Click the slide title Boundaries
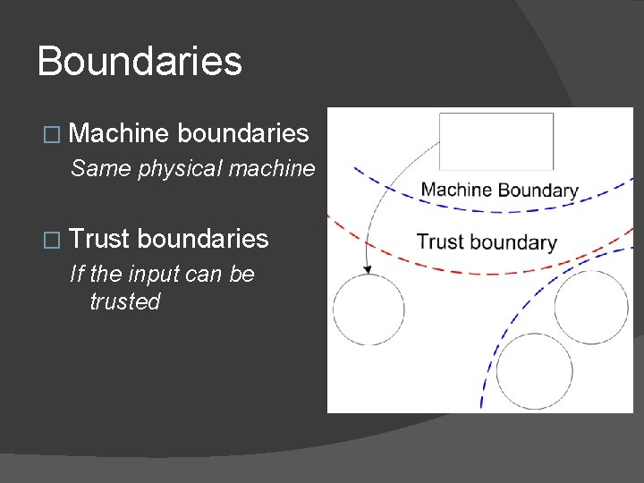tap(140, 62)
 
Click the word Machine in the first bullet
tap(118, 134)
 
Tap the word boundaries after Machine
tap(243, 134)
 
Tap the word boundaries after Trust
tap(203, 239)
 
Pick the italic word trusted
tap(124, 301)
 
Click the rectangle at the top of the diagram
tap(496, 140)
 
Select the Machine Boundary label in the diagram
tap(499, 190)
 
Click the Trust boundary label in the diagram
tap(487, 241)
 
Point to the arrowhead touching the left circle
tap(367, 270)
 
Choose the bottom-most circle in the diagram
tap(534, 371)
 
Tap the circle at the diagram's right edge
tap(590, 307)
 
